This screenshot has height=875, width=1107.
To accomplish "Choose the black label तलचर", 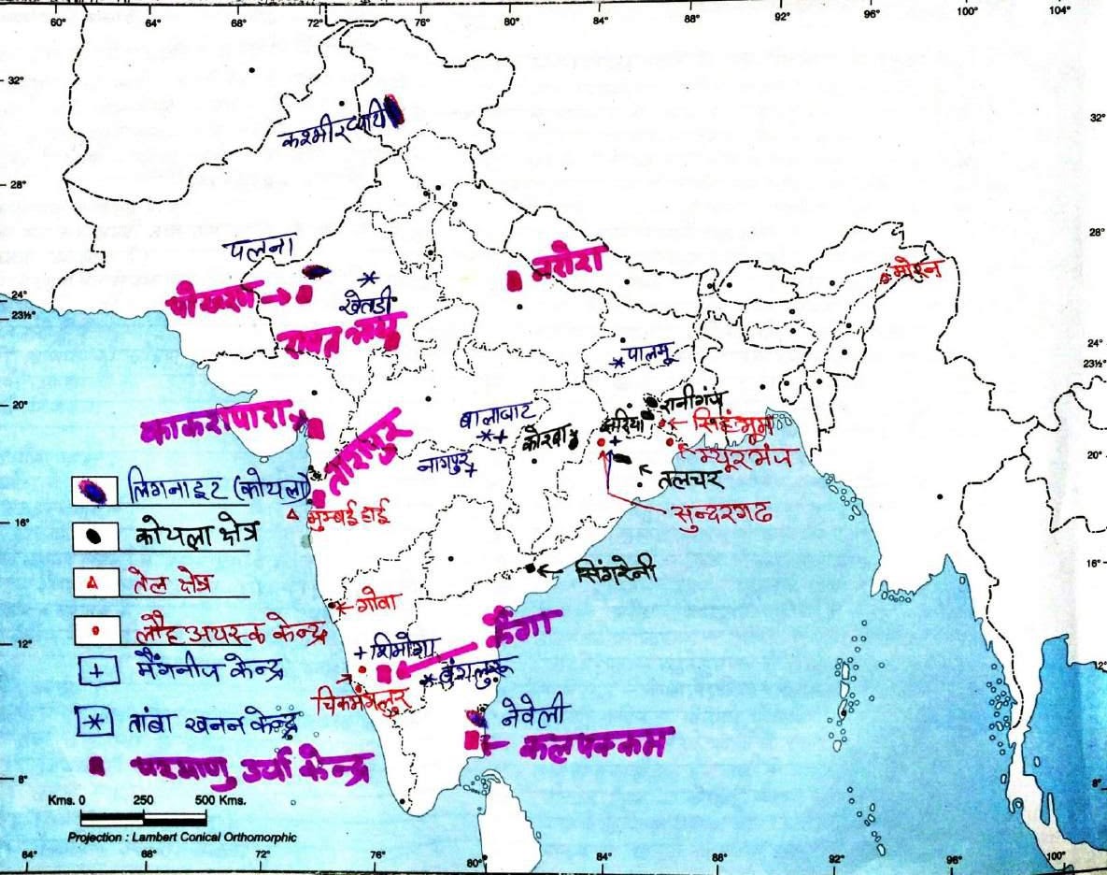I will [690, 480].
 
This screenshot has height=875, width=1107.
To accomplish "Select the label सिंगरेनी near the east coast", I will [617, 567].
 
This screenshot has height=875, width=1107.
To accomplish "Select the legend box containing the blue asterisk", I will [94, 721].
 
